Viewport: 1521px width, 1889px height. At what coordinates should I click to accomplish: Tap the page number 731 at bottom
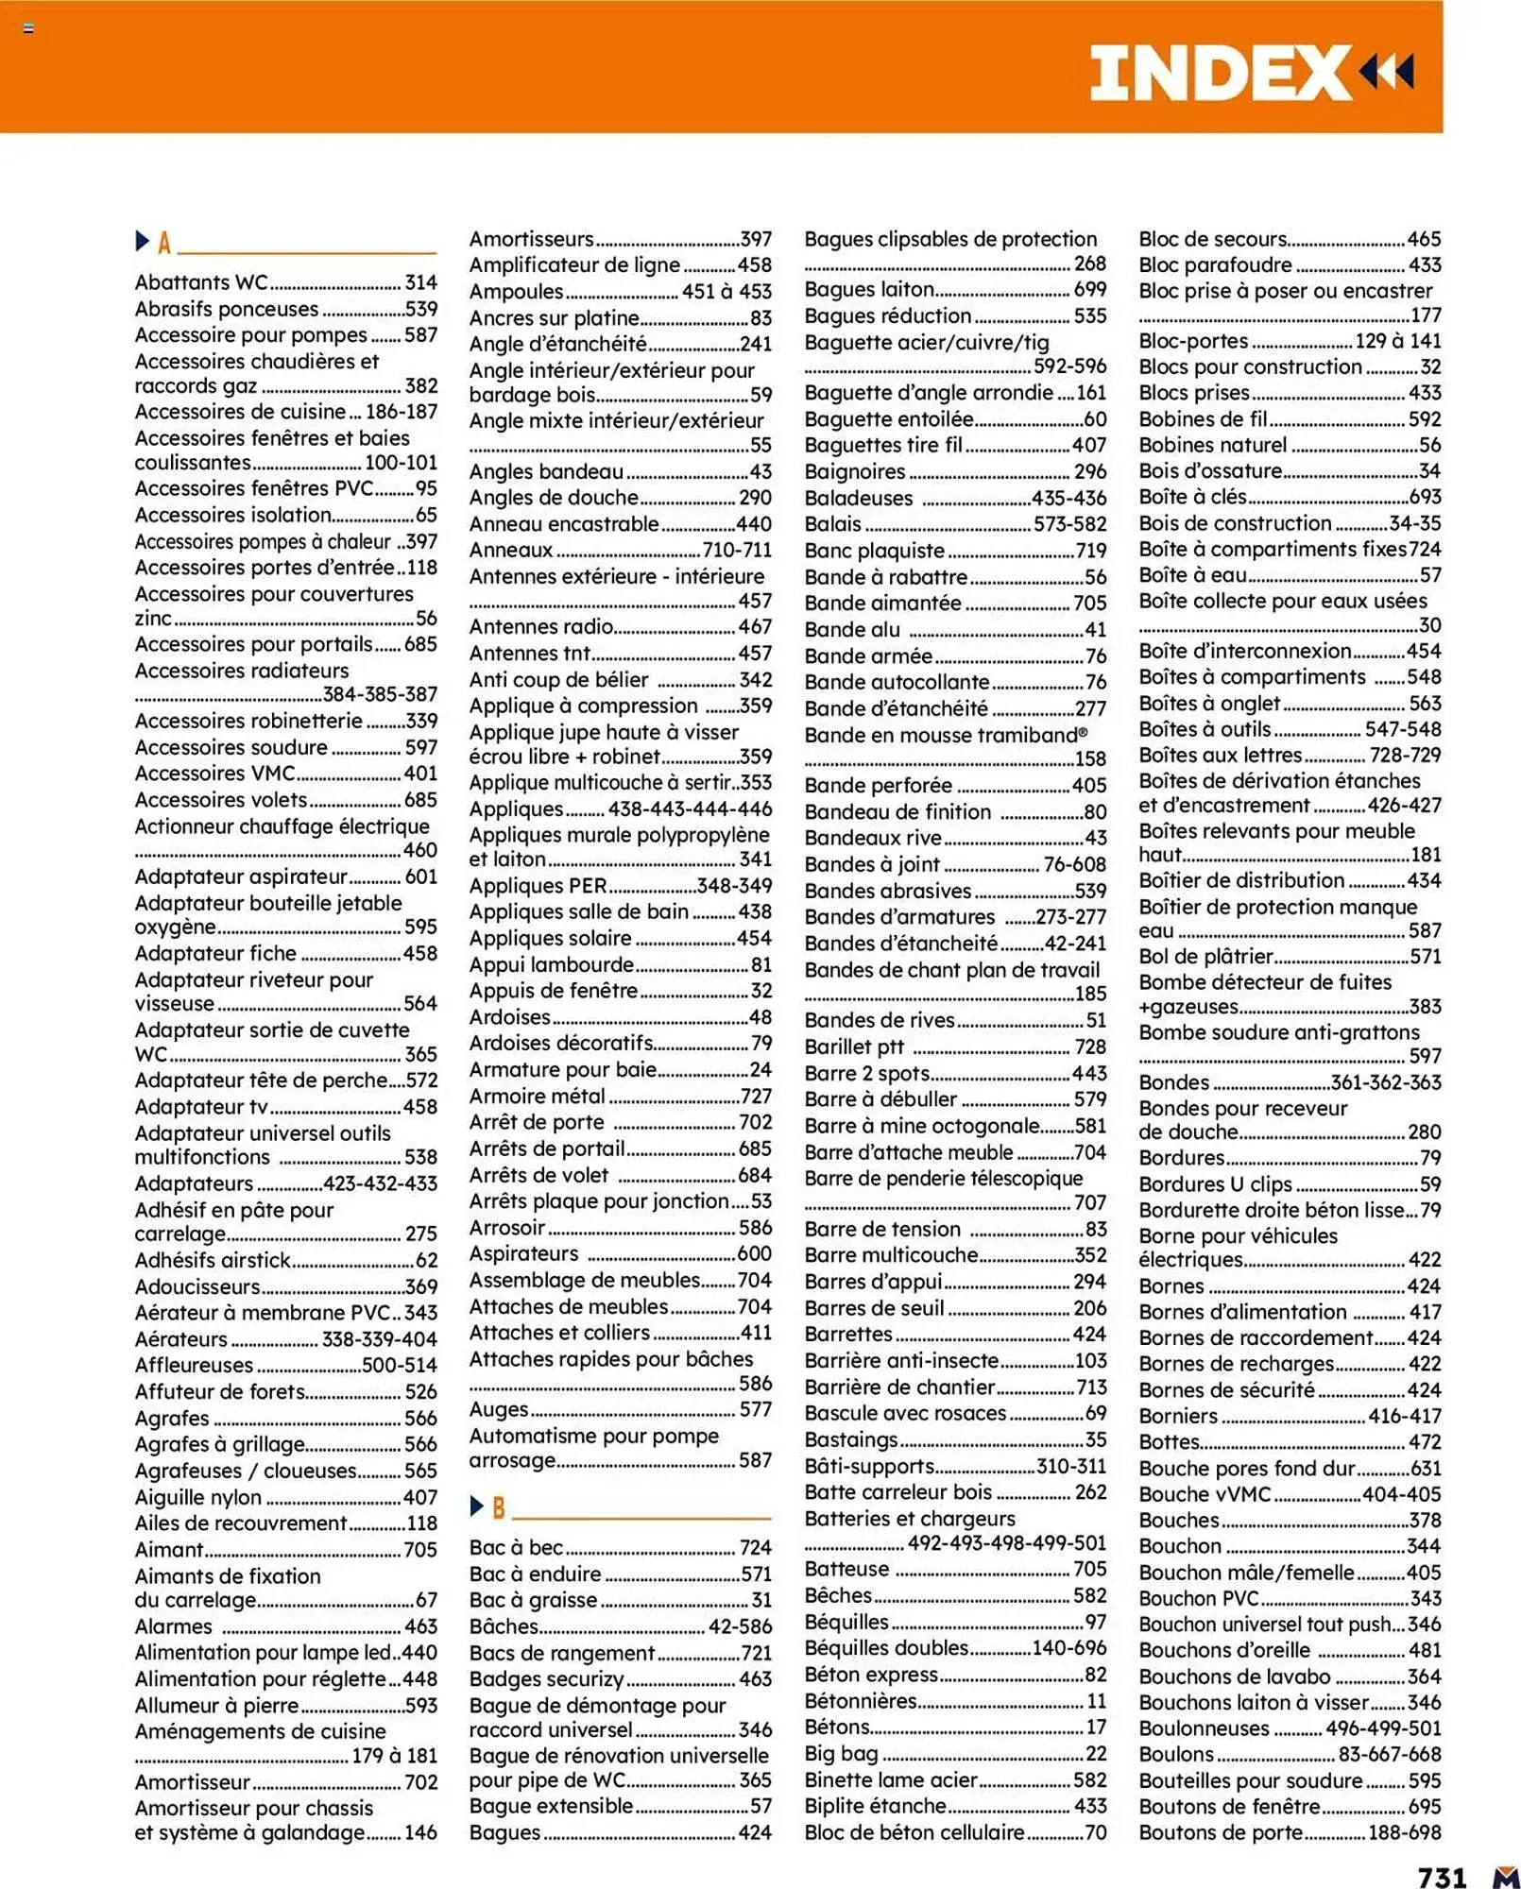tap(1442, 1876)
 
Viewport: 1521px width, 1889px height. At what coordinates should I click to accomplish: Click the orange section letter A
tap(164, 244)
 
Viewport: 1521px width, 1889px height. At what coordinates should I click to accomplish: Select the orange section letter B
tap(499, 1507)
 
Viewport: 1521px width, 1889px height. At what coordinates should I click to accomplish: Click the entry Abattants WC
tap(201, 282)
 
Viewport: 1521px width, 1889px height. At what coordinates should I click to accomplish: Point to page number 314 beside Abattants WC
tap(420, 282)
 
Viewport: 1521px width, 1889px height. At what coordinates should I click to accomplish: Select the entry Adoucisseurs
tap(197, 1286)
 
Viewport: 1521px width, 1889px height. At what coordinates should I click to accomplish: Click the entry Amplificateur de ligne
tap(574, 265)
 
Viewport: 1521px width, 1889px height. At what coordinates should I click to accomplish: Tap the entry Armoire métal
tap(537, 1096)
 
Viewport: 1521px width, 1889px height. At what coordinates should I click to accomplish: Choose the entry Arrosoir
tap(507, 1228)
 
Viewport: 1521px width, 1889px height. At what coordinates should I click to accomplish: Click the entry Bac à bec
tap(516, 1547)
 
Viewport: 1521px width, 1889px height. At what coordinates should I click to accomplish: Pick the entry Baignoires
tap(854, 471)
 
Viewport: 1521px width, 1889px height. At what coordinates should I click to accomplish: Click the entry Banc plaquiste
tap(874, 551)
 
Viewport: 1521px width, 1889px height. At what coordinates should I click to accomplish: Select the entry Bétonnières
tap(861, 1701)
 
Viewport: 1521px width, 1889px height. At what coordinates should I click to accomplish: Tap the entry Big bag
tap(841, 1754)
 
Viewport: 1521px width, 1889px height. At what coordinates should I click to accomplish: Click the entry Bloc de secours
tap(1212, 239)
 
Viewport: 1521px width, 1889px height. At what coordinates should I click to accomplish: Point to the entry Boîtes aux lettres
tap(1220, 755)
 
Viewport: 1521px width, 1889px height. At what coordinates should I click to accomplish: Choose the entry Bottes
tap(1169, 1442)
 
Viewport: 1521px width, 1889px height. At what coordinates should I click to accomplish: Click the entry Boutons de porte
tap(1220, 1832)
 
